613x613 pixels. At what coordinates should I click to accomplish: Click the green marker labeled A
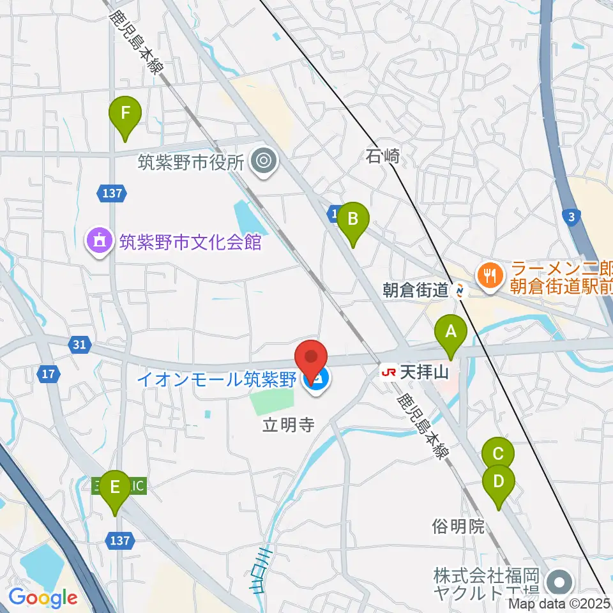click(x=451, y=332)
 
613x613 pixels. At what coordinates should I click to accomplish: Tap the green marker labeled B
click(x=352, y=219)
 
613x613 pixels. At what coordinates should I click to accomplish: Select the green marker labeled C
click(x=498, y=455)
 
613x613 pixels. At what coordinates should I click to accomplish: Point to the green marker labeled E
click(x=115, y=487)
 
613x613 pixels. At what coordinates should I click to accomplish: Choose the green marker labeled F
click(x=125, y=114)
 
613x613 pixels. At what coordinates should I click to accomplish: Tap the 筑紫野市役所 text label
click(x=192, y=162)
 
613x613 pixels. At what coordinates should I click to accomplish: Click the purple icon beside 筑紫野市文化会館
click(x=99, y=241)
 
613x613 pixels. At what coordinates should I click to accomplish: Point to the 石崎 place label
click(x=383, y=155)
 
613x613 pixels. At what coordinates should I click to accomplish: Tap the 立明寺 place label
click(x=289, y=425)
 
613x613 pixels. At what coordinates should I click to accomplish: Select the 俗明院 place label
click(x=458, y=527)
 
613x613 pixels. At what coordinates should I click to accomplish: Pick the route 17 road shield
click(x=49, y=374)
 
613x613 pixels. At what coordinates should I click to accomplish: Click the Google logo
click(x=43, y=598)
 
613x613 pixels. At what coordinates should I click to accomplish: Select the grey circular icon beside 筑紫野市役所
click(x=263, y=162)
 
